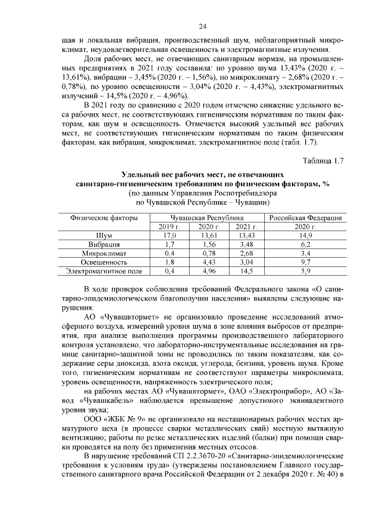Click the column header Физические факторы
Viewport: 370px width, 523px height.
104,218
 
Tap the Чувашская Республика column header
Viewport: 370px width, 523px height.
207,218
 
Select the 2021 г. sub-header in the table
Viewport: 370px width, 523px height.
246,227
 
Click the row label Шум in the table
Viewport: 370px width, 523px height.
104,236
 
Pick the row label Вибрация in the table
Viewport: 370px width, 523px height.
104,244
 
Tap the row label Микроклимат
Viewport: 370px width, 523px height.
104,253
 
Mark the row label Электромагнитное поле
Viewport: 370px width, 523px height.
104,270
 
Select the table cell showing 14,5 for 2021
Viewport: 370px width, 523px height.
246,270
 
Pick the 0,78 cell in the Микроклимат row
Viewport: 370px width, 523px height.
207,253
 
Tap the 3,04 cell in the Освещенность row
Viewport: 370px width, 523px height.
246,262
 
